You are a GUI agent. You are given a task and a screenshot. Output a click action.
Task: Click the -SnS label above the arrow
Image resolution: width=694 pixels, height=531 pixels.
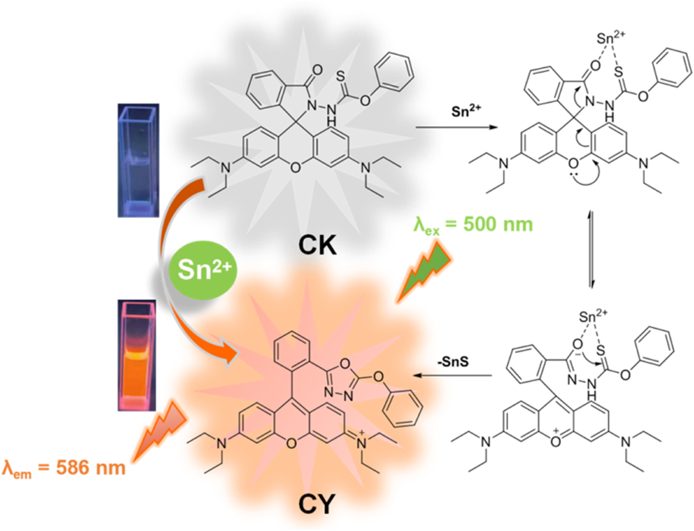(455, 360)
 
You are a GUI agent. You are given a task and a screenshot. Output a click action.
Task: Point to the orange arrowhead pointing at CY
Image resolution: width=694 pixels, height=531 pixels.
(230, 353)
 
